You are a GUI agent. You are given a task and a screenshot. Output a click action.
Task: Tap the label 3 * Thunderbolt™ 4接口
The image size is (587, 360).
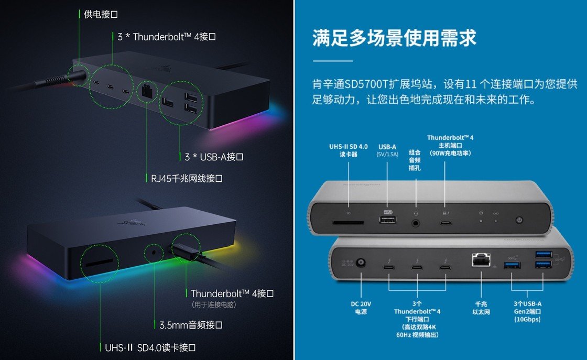[x=167, y=37]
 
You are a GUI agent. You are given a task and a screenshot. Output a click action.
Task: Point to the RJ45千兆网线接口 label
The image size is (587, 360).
[x=183, y=179]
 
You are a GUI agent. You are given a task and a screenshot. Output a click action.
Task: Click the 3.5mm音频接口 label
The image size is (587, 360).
[x=191, y=325]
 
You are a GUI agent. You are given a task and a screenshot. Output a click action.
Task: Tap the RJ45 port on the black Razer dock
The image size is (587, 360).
[x=146, y=91]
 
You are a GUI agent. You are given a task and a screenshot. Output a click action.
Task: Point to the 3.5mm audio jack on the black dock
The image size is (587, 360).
[x=153, y=253]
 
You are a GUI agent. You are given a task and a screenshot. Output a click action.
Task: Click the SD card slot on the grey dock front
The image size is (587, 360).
[x=348, y=222]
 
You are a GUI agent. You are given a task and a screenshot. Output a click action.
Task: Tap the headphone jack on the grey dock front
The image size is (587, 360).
[x=416, y=222]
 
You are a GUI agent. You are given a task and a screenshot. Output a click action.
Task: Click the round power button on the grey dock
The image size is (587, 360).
[x=520, y=221]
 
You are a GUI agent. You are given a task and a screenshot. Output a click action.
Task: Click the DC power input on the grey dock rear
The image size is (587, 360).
[x=361, y=264]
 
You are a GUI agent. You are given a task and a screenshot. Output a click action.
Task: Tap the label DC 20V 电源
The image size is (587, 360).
[x=362, y=308]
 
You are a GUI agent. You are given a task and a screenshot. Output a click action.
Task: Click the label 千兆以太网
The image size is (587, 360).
[x=481, y=308]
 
